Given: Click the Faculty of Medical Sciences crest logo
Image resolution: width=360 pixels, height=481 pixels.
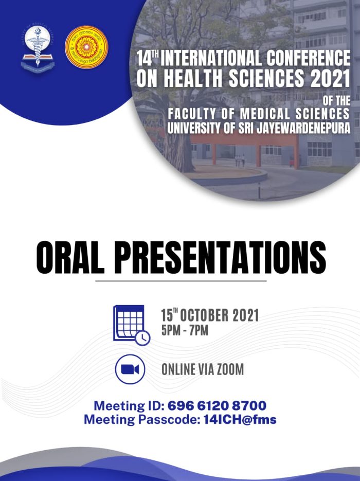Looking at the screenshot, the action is (38, 47).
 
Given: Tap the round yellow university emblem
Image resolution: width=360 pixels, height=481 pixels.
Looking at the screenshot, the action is (86, 47).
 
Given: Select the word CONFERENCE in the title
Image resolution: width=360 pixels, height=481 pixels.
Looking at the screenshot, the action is (308, 58).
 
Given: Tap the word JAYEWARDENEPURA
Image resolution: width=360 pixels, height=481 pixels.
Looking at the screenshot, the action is (303, 128).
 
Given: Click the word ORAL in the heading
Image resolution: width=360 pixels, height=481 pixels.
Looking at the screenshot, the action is (70, 257).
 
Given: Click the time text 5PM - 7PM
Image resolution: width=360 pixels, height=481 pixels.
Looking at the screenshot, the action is (185, 331).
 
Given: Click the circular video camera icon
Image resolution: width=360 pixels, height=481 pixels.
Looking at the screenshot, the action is (130, 369).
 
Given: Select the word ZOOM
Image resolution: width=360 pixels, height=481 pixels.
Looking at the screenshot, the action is (230, 369).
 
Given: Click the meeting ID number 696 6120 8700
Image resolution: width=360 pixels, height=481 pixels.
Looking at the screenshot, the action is (217, 405).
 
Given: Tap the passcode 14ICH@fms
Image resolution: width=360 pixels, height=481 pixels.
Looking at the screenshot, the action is (240, 419).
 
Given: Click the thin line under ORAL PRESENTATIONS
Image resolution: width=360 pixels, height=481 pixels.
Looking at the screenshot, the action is (181, 281).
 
